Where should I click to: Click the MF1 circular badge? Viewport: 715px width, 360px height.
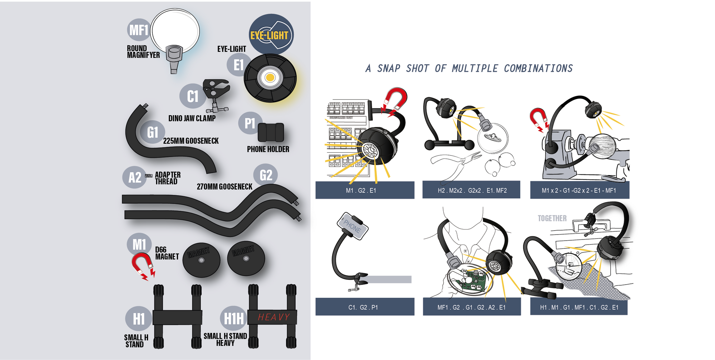point(139,30)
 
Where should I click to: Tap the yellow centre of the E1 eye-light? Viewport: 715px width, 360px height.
point(270,78)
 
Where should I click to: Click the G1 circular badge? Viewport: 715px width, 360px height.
point(153,132)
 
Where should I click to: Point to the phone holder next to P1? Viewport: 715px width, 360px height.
point(271,132)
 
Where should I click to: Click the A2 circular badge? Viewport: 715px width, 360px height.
point(134,177)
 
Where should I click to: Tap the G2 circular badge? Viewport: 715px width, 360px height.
point(266,175)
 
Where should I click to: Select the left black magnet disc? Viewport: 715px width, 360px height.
point(201,260)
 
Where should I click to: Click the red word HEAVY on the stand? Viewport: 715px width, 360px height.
point(273,317)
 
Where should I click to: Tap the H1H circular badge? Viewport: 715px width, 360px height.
point(233,318)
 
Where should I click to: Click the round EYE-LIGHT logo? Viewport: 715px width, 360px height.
point(271,35)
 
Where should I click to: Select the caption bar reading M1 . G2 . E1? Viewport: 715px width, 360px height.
point(365,190)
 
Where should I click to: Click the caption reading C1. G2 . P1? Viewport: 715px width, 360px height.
point(365,307)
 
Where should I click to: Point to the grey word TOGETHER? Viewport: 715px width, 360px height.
point(552,218)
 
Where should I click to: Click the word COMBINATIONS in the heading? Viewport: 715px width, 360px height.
point(538,68)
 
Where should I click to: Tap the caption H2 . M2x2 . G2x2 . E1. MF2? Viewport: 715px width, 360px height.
point(472,190)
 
